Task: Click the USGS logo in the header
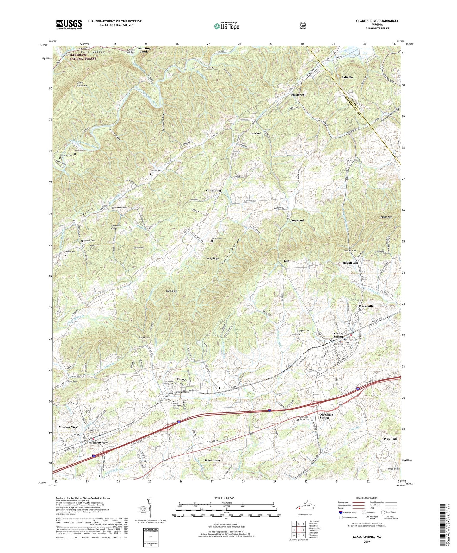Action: click(69, 24)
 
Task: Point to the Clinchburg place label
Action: click(213, 190)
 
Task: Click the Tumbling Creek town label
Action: click(144, 50)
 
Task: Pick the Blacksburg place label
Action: click(212, 460)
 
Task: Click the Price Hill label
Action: click(390, 439)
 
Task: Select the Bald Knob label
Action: click(171, 291)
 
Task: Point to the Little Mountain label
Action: click(82, 84)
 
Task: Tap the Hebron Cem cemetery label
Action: click(351, 160)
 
